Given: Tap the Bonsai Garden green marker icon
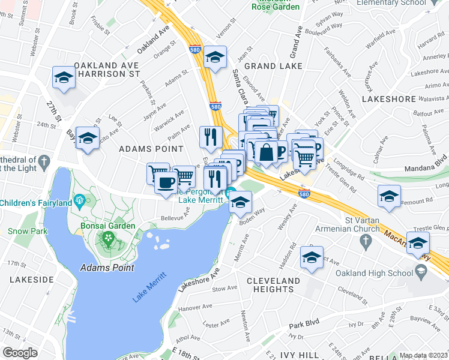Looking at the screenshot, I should coord(108,239).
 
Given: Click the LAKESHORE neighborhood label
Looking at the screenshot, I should coord(388,98).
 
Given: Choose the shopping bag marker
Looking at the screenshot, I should coord(265,152).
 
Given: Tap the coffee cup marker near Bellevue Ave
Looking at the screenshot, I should coord(166,181).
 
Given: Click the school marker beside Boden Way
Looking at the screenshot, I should coord(240,203).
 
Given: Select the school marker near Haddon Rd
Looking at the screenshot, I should coord(312,257).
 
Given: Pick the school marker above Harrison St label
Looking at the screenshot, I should coord(63,77).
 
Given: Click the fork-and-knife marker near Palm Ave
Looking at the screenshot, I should coord(210,137).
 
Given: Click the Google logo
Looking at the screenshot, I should coord(20,353).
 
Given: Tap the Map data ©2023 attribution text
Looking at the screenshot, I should coord(423,355).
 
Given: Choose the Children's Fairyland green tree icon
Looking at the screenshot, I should coord(77,199).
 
